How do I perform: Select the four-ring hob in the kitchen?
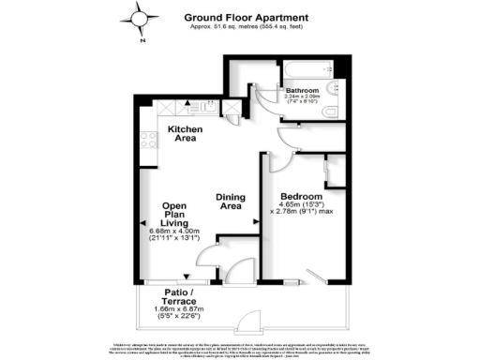(x=147, y=141)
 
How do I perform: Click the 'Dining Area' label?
(x=231, y=202)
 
